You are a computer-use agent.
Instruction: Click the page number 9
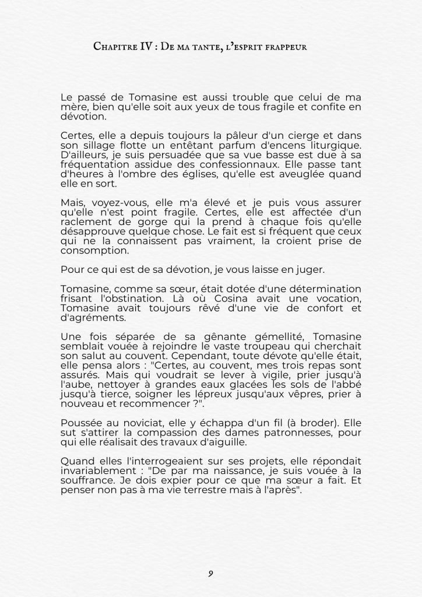(x=210, y=574)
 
